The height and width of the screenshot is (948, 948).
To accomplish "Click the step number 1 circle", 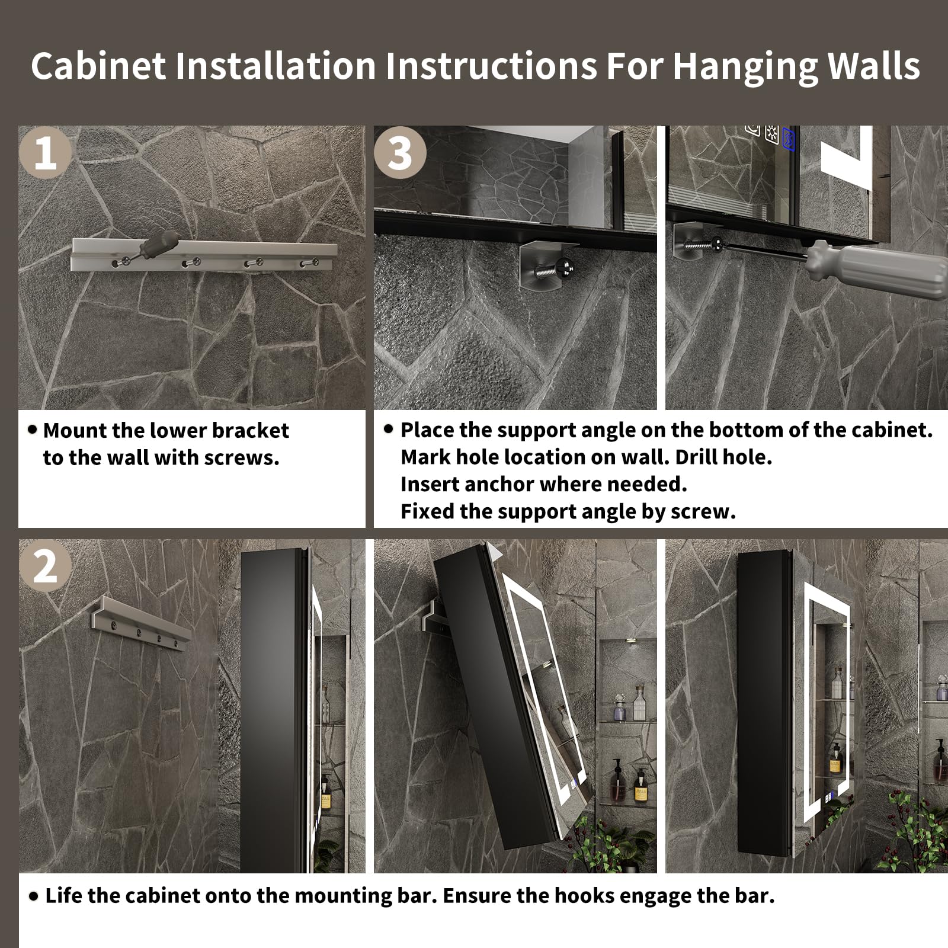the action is point(45,153).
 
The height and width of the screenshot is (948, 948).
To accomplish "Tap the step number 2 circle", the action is point(45,566).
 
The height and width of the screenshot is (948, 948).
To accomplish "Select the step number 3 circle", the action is point(400,153).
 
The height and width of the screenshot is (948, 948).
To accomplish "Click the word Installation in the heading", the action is point(276,66).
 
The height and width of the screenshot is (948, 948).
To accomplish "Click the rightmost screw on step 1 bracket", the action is point(308,262).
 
